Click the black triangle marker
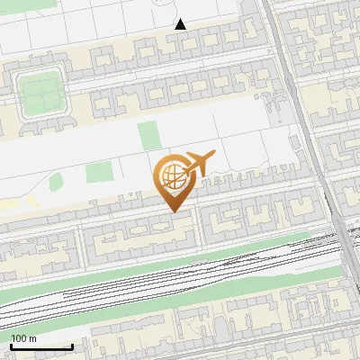coord(181,24)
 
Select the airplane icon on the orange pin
coord(200,162)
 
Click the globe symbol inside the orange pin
coord(172,177)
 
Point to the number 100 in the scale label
coord(18,338)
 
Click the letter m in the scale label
coord(32,338)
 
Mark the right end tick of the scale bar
coord(72,346)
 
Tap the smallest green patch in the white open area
coord(56,183)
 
